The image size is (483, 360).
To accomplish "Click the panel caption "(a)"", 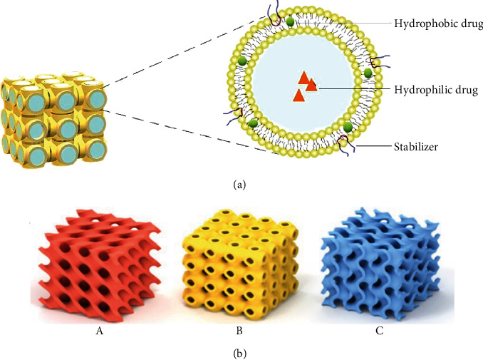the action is (x=241, y=184).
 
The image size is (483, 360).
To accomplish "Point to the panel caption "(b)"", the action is (x=241, y=350).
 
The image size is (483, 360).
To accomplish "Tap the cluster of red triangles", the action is (x=305, y=86).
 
